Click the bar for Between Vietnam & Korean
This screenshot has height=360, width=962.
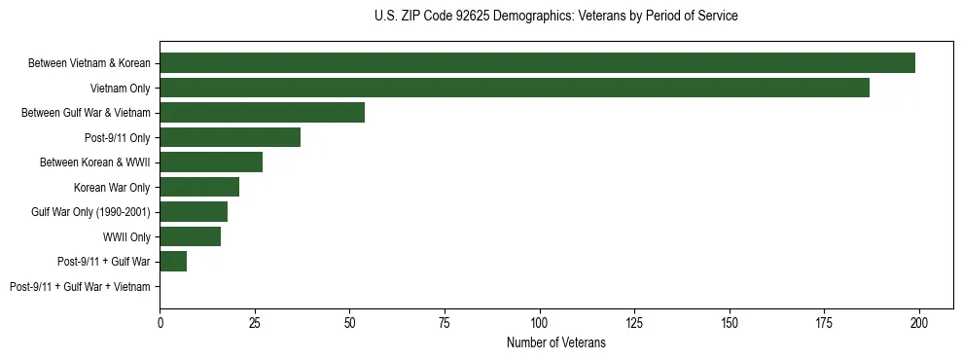coord(537,63)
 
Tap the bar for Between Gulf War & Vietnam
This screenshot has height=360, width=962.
coord(262,113)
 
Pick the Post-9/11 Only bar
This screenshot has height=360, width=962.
coord(230,137)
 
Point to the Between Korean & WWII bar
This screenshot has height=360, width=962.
coord(211,162)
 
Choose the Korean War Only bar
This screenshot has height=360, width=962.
coord(199,187)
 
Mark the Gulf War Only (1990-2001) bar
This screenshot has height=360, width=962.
coord(194,212)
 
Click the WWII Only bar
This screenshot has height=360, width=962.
coord(190,236)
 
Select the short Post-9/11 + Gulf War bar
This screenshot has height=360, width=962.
coord(173,262)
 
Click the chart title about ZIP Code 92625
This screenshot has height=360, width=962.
coord(555,17)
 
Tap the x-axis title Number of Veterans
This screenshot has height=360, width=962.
coord(555,342)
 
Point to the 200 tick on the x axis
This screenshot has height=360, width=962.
coord(919,322)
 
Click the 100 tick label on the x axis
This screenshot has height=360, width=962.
coord(540,322)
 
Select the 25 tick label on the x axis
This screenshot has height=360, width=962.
coord(255,322)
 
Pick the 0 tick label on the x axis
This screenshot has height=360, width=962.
coord(160,322)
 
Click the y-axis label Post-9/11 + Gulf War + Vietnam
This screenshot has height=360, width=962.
coord(80,287)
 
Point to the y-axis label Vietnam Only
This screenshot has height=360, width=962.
coord(120,89)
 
